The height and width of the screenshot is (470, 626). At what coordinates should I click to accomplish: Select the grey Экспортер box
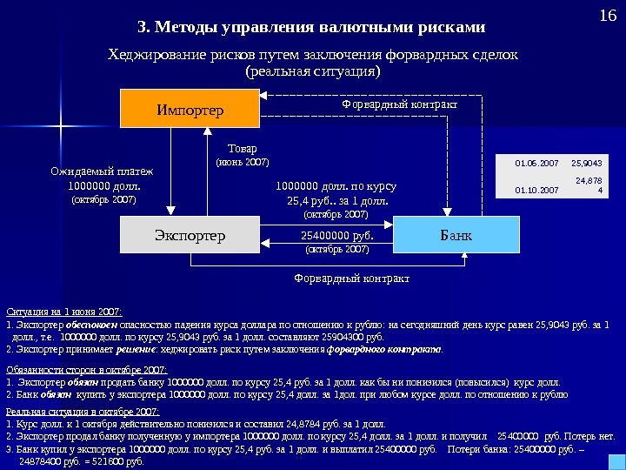click(190, 235)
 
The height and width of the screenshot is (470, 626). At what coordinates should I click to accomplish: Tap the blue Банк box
click(456, 235)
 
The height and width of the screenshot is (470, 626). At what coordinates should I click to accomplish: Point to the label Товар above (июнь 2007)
click(242, 148)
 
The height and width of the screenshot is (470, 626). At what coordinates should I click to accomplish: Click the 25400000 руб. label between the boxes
click(336, 235)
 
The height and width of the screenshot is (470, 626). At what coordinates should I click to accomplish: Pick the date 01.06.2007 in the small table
click(536, 163)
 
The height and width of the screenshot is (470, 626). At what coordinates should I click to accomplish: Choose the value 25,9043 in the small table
click(587, 163)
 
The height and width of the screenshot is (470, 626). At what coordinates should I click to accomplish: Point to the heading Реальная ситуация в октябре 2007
click(83, 411)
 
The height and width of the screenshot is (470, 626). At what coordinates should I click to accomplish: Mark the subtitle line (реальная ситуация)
click(313, 71)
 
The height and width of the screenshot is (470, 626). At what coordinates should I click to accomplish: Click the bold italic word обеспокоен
click(83, 325)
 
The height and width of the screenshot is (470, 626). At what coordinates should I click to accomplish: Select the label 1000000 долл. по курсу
click(336, 185)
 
